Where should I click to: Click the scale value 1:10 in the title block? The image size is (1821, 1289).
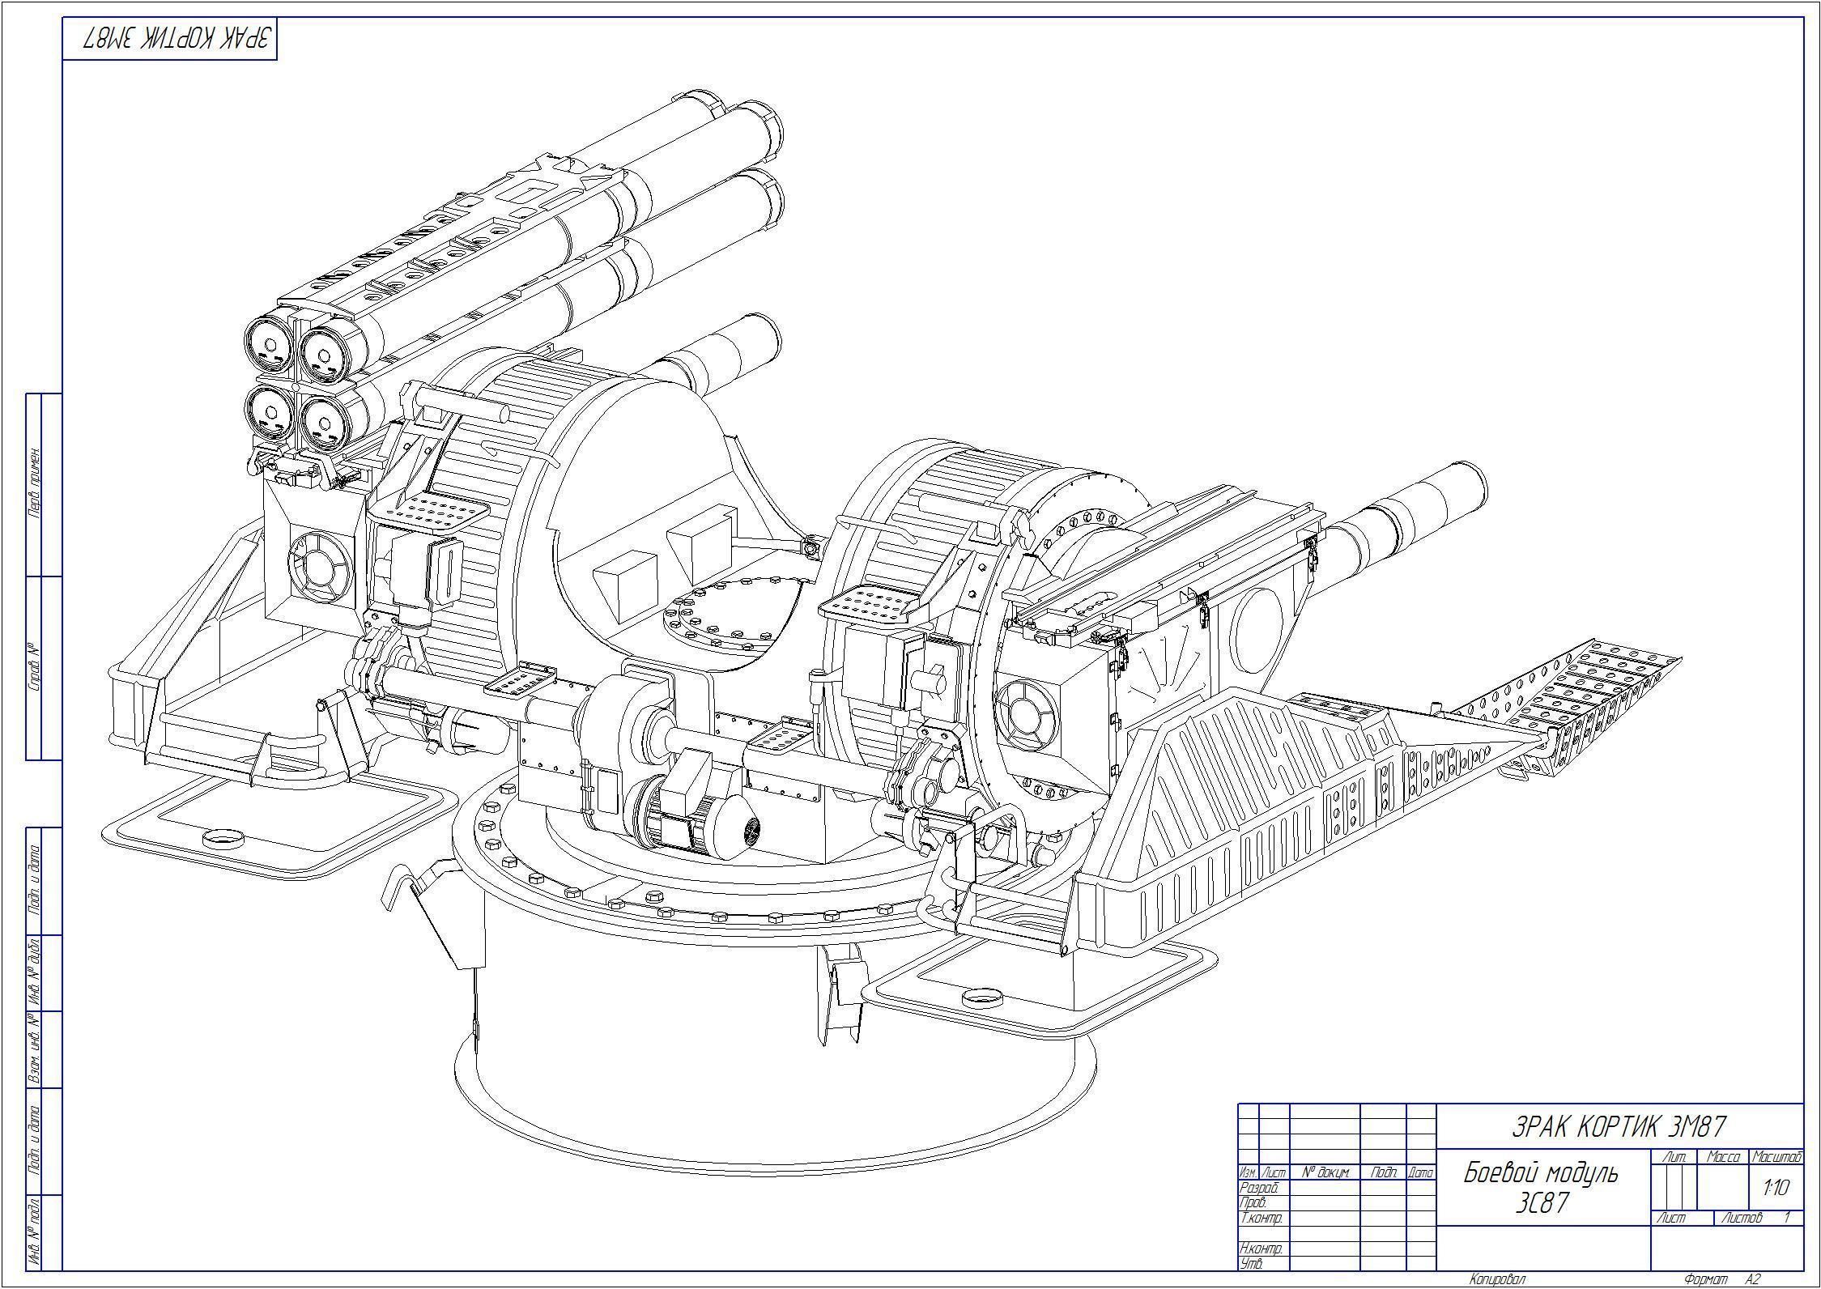(x=1776, y=1188)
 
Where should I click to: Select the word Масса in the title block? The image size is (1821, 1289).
(x=1723, y=1158)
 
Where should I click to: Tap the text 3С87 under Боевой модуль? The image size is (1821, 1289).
(x=1542, y=1204)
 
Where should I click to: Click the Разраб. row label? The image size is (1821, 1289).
(x=1259, y=1188)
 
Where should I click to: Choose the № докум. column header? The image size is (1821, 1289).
(x=1325, y=1172)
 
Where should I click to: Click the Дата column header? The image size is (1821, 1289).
(x=1421, y=1172)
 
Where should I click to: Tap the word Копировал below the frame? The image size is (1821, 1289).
(x=1497, y=1279)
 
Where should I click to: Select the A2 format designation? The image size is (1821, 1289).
(x=1753, y=1279)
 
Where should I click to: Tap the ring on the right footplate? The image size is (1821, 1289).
(x=984, y=996)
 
